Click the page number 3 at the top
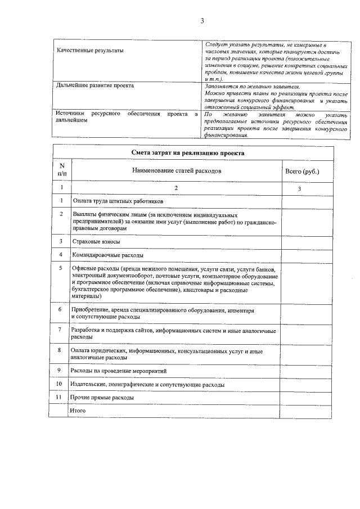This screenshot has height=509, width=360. pyautogui.click(x=201, y=21)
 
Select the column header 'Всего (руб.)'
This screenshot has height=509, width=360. pyautogui.click(x=302, y=170)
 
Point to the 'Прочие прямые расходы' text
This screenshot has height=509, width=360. pyautogui.click(x=102, y=398)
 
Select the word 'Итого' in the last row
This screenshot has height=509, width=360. pyautogui.click(x=77, y=411)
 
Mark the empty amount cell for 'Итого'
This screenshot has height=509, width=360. pyautogui.click(x=302, y=411)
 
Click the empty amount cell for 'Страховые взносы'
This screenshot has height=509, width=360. pyautogui.click(x=302, y=241)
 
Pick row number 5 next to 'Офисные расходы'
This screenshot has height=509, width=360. pyautogui.click(x=60, y=268)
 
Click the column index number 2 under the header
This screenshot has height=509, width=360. pyautogui.click(x=177, y=188)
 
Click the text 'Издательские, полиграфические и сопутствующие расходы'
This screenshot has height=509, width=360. pyautogui.click(x=147, y=385)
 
